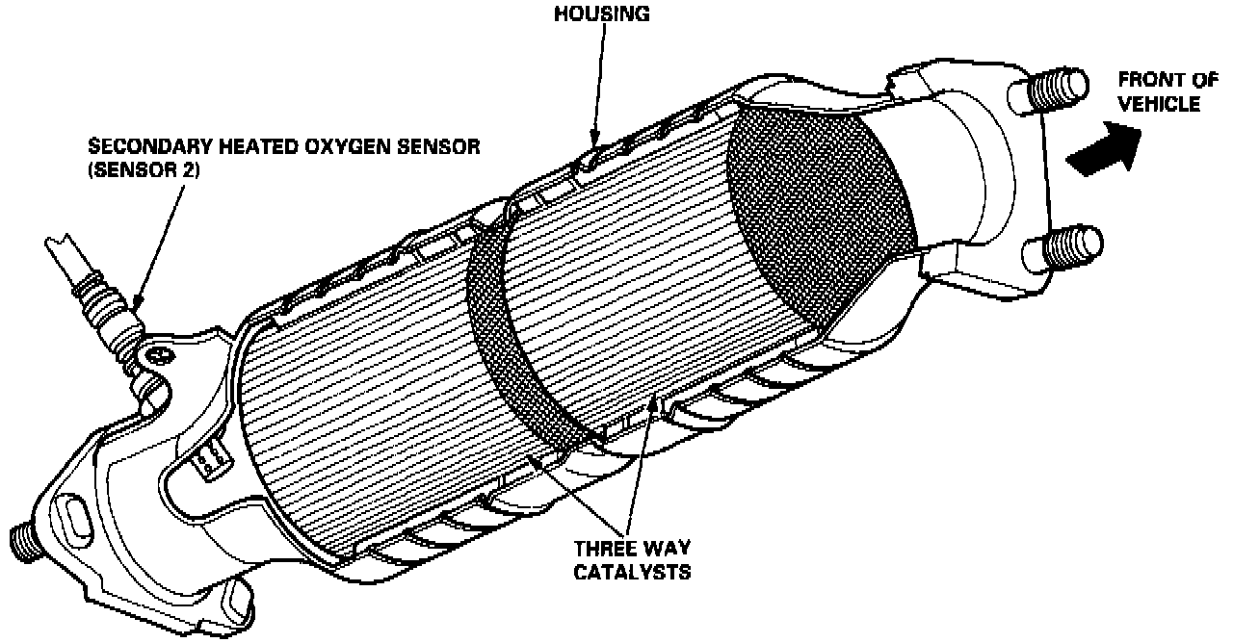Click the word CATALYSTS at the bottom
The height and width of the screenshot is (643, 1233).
pyautogui.click(x=633, y=573)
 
